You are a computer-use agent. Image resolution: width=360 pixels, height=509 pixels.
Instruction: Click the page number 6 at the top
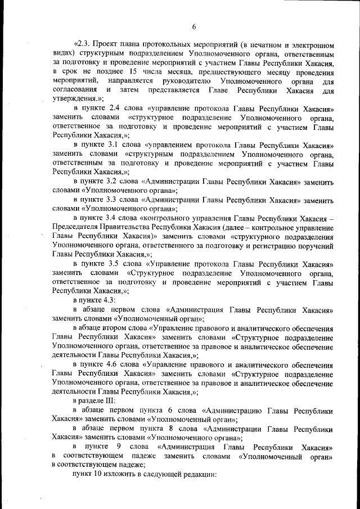tap(193, 26)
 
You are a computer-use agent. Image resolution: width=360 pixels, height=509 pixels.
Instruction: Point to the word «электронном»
tap(311, 44)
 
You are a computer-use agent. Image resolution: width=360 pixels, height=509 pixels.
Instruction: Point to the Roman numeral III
tap(108, 402)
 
